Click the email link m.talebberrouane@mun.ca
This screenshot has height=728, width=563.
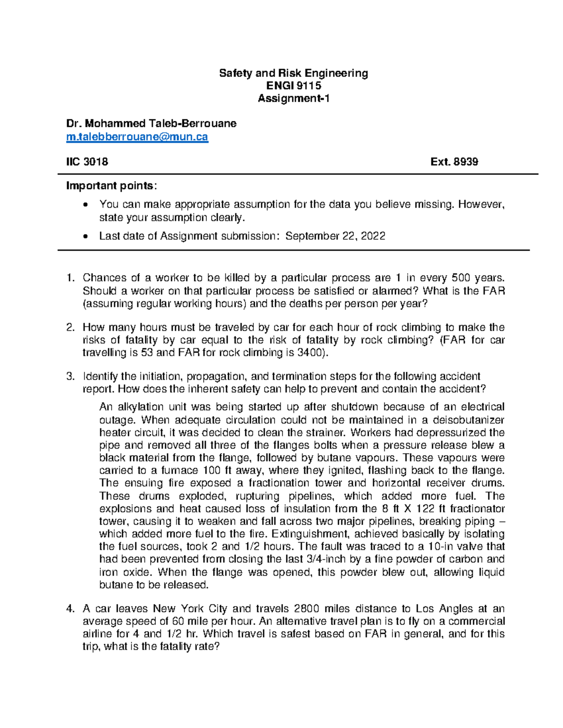click(x=137, y=137)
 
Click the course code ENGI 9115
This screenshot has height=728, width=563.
click(x=294, y=86)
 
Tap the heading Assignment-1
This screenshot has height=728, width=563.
click(x=294, y=98)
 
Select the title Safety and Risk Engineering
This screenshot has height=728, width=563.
click(x=294, y=73)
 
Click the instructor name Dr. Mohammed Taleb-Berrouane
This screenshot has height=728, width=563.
click(x=151, y=124)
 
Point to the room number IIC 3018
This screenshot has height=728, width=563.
click(x=87, y=162)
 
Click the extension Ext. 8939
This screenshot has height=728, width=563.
click(x=454, y=162)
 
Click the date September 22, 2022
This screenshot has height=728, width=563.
click(x=335, y=236)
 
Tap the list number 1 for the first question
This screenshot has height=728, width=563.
click(x=70, y=278)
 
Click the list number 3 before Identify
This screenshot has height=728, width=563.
click(x=70, y=376)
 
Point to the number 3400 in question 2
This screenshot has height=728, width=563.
click(x=310, y=353)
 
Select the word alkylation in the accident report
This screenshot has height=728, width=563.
click(x=141, y=406)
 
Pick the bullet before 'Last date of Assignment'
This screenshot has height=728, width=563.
click(x=84, y=236)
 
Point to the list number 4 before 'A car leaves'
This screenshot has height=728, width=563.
click(x=70, y=608)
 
